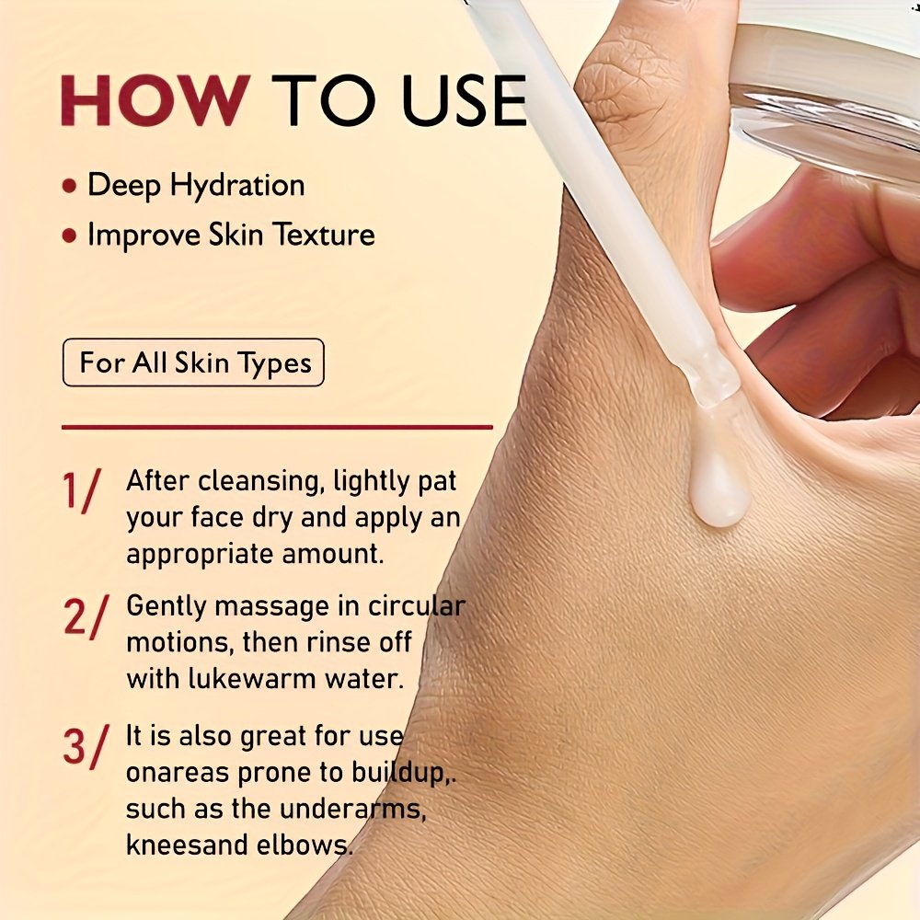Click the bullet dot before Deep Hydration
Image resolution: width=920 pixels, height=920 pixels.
click(x=69, y=186)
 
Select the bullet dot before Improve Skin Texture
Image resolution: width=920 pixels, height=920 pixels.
click(x=69, y=236)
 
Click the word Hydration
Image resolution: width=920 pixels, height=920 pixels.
click(x=237, y=187)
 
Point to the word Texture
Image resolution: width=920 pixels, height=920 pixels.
click(x=325, y=235)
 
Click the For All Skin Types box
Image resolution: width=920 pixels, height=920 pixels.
click(x=193, y=362)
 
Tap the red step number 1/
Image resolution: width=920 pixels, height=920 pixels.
click(x=81, y=490)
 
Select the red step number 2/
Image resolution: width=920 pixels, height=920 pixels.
click(x=86, y=616)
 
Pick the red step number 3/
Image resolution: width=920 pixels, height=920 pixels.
click(x=86, y=746)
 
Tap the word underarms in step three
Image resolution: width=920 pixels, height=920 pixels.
click(x=352, y=809)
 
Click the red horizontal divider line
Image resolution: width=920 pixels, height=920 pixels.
click(x=277, y=427)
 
